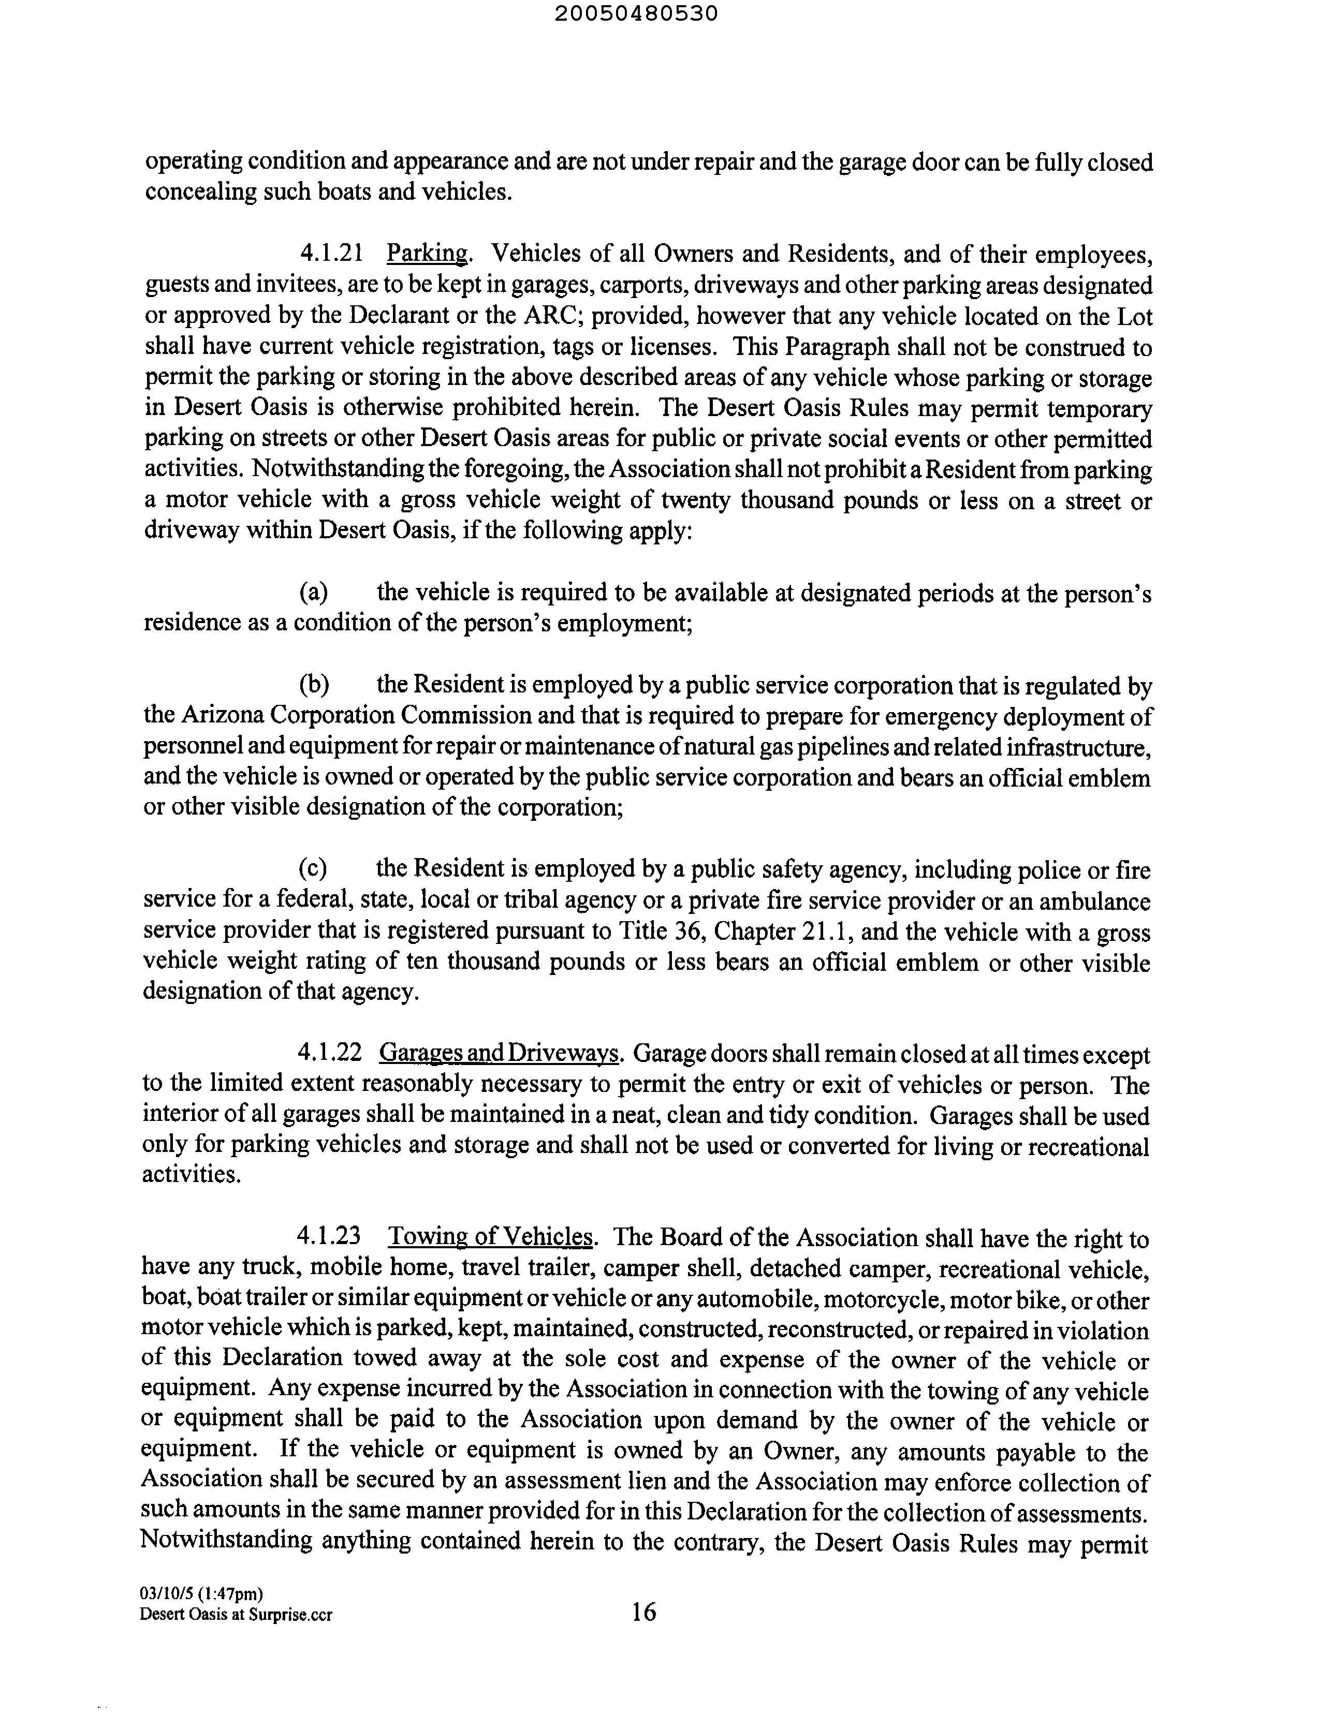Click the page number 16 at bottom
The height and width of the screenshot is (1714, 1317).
click(x=643, y=1612)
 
